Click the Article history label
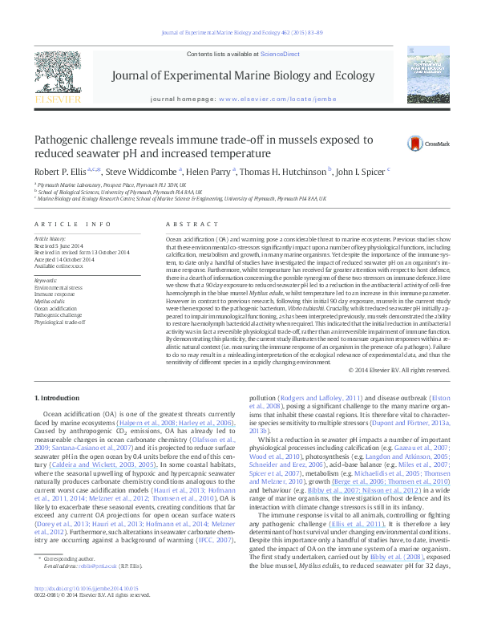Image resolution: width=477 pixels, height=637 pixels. (x=51, y=239)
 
